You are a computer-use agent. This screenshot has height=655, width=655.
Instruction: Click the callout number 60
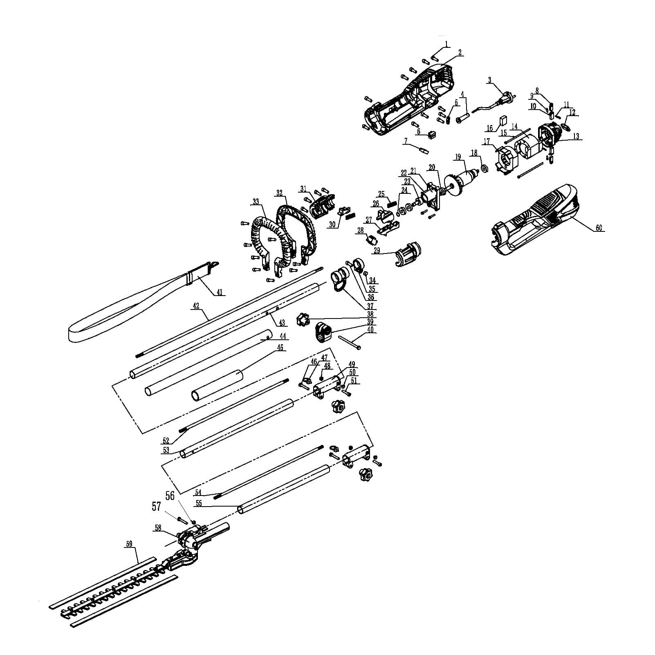pyautogui.click(x=599, y=228)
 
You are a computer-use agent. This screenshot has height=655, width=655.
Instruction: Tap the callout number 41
pyautogui.click(x=220, y=293)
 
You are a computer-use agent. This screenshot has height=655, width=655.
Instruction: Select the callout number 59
pyautogui.click(x=129, y=544)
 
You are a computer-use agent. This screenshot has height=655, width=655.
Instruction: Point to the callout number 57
pyautogui.click(x=156, y=507)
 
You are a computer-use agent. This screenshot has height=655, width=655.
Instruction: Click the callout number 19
pyautogui.click(x=458, y=157)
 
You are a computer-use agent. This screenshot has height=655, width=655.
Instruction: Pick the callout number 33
pyautogui.click(x=256, y=202)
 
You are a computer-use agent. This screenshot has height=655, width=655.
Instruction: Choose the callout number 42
pyautogui.click(x=196, y=306)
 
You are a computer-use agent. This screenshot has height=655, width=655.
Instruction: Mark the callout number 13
pyautogui.click(x=576, y=137)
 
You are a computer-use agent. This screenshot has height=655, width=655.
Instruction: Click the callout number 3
pyautogui.click(x=489, y=81)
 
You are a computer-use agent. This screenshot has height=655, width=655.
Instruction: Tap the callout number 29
pyautogui.click(x=377, y=251)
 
